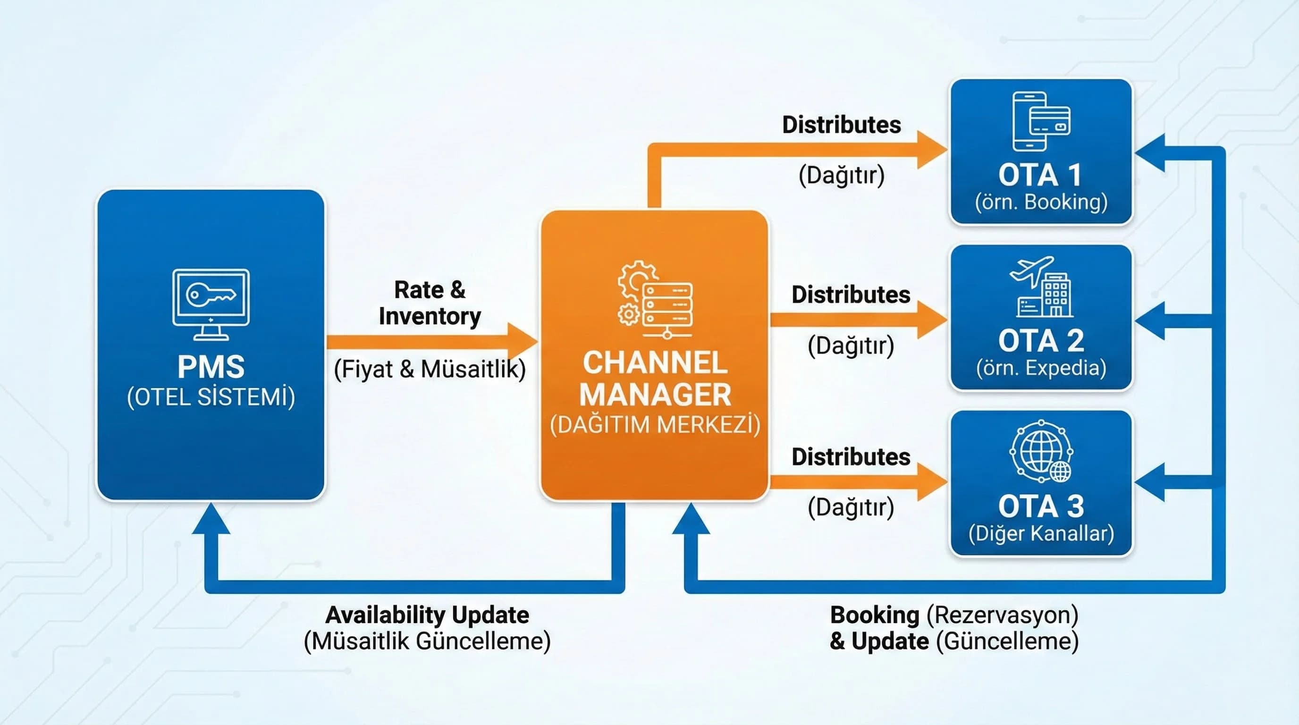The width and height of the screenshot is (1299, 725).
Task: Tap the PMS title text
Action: click(x=211, y=367)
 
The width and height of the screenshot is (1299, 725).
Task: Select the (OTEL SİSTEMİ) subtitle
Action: click(x=211, y=397)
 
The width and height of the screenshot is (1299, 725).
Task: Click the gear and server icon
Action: click(x=655, y=300)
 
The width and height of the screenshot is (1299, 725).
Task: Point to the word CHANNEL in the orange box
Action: click(x=655, y=363)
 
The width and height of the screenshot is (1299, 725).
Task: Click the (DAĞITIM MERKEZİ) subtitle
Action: click(x=655, y=424)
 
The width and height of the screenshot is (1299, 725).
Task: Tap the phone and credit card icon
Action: click(x=1041, y=121)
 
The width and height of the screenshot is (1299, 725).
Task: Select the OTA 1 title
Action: click(x=1041, y=175)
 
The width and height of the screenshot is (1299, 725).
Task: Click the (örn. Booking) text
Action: click(x=1041, y=202)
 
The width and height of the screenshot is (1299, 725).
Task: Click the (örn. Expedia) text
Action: click(x=1041, y=368)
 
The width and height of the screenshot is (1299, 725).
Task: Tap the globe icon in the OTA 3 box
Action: click(x=1041, y=451)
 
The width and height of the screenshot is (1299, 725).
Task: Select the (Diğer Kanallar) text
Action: click(x=1041, y=533)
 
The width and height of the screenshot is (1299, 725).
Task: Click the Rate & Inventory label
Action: click(x=430, y=303)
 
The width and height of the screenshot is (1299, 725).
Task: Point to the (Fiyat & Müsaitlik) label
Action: click(x=430, y=369)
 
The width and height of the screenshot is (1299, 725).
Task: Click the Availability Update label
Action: click(x=427, y=615)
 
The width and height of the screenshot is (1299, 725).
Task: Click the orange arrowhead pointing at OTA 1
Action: click(x=931, y=150)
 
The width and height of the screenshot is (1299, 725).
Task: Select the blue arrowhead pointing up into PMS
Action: click(x=211, y=519)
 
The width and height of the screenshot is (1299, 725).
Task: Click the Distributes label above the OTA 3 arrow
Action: click(x=851, y=457)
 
